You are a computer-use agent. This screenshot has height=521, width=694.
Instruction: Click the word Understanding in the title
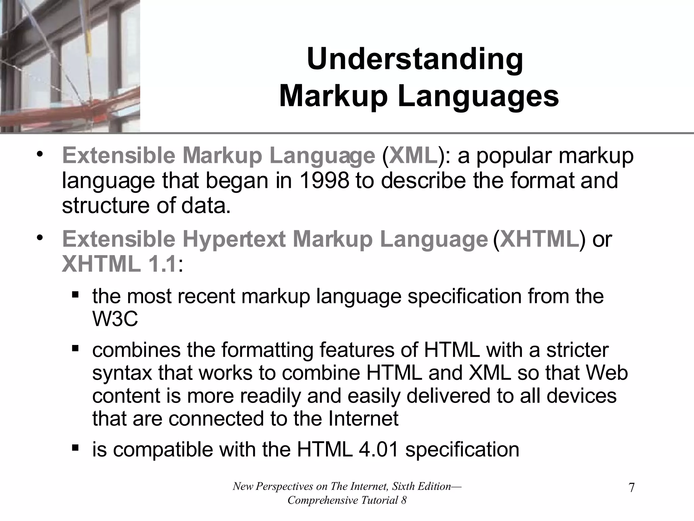(x=415, y=60)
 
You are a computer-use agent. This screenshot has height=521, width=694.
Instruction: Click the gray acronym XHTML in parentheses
(x=539, y=239)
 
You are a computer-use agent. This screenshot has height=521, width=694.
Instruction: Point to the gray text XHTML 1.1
(x=119, y=264)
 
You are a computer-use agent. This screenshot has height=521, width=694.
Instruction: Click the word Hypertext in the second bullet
(x=234, y=239)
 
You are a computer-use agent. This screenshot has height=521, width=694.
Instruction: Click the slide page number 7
(x=631, y=488)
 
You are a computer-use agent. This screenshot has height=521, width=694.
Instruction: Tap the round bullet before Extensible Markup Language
(x=40, y=155)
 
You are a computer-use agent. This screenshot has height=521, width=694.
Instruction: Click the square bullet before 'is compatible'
(x=75, y=448)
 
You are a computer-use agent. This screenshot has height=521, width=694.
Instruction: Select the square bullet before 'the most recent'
(x=75, y=294)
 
